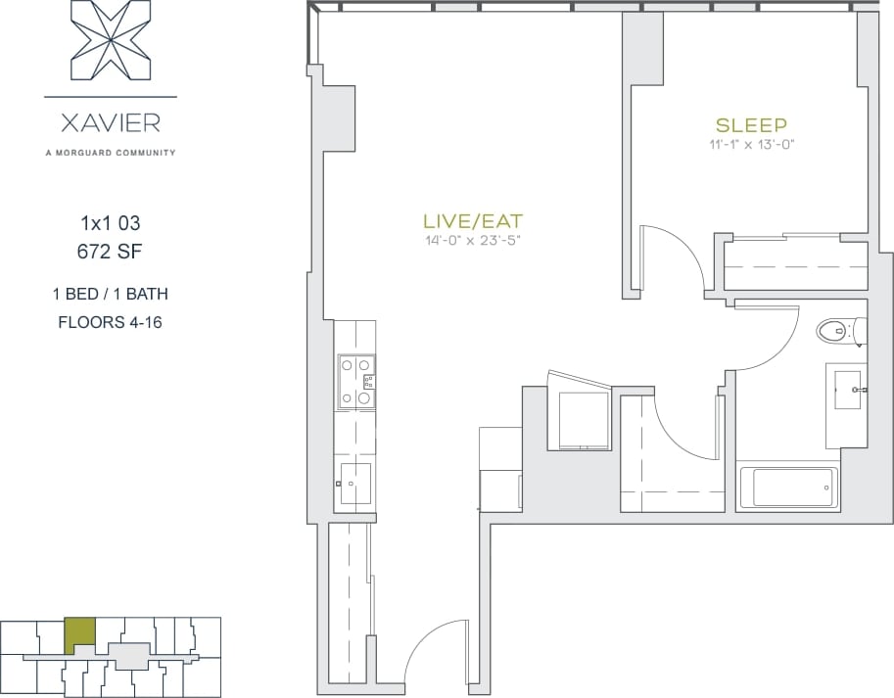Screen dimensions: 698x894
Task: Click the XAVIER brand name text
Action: click(111, 124)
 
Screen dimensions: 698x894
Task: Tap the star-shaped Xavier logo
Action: click(111, 44)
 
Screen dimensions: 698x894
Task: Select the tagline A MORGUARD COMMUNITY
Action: click(111, 152)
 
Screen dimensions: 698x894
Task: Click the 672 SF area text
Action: click(110, 252)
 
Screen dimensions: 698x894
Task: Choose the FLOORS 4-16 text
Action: click(110, 322)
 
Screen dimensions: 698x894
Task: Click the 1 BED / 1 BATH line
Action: click(110, 293)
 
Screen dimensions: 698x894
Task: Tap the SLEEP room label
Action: click(751, 125)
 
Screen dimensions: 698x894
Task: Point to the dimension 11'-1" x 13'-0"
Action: click(751, 144)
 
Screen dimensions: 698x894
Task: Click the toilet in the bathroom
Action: click(837, 331)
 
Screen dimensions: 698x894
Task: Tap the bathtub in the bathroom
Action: click(788, 487)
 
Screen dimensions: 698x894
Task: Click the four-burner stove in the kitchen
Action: click(354, 381)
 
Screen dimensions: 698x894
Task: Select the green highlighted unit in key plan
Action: click(80, 635)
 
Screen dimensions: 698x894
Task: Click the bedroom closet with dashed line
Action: click(795, 265)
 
